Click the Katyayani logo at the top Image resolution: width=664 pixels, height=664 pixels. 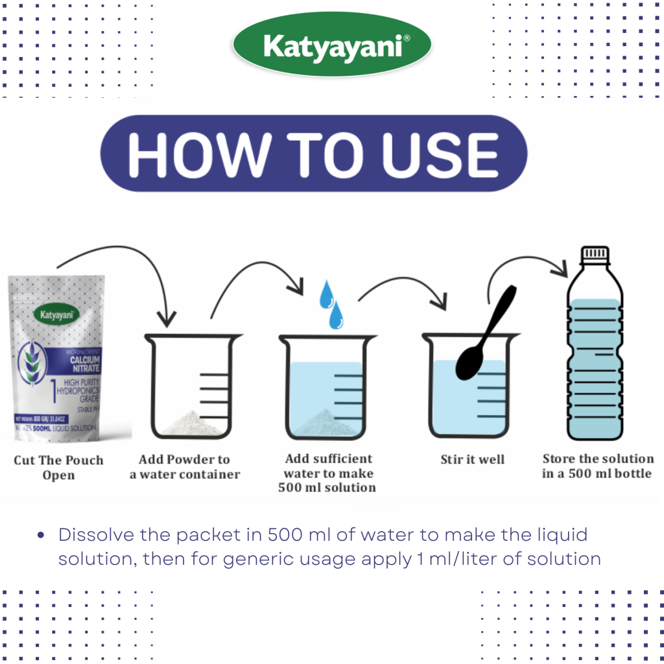pos(331,47)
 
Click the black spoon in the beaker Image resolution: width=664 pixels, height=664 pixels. pos(483,344)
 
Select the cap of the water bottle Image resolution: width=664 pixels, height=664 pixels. pos(595,254)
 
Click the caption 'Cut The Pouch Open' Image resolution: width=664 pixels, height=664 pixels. pos(58,467)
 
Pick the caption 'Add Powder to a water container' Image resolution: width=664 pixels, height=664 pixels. pos(185,467)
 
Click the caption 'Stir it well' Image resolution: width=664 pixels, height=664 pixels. pos(472,460)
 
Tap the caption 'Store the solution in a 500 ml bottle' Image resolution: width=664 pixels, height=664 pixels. pos(597,466)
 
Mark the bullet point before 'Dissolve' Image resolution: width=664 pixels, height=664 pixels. pos(41,536)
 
